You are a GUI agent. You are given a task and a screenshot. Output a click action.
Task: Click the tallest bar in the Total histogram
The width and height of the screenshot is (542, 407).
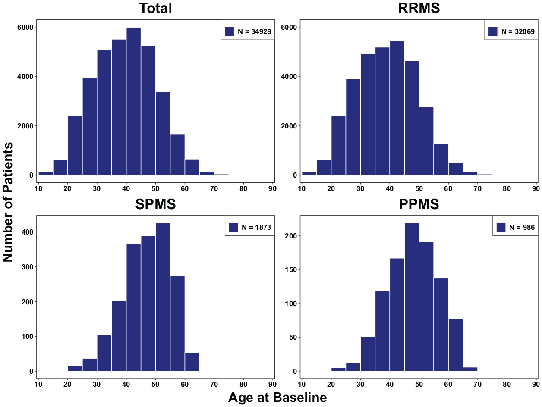[134, 101]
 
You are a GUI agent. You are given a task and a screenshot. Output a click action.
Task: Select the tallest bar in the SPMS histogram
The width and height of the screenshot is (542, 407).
[163, 297]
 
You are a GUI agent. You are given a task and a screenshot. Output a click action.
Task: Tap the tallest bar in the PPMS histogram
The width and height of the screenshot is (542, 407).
[412, 297]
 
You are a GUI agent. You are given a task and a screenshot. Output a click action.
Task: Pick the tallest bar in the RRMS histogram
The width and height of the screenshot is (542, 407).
[397, 108]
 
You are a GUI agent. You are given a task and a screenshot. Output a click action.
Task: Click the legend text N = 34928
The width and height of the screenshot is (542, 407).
[254, 31]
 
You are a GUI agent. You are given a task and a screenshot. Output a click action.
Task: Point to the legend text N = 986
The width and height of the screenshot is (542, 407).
[522, 227]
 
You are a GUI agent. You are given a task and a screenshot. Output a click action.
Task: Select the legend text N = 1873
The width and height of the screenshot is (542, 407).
[256, 227]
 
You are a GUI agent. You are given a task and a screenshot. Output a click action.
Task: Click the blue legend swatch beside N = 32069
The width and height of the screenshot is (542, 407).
[493, 31]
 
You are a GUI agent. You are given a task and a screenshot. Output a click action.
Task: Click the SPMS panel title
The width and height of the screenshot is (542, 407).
[155, 204]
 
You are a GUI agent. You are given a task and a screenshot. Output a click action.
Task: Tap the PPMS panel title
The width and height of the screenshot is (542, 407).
[419, 204]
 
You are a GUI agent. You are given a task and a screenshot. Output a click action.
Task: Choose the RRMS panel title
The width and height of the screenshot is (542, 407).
[419, 8]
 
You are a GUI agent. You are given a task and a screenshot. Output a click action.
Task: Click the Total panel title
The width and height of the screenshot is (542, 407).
[155, 8]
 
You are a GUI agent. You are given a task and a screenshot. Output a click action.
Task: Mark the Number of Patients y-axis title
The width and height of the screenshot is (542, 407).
[7, 202]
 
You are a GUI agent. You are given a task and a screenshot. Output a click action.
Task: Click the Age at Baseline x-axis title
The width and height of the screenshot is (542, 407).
[277, 398]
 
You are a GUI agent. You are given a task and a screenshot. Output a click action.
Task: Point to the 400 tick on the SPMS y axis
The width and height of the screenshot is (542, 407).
[28, 232]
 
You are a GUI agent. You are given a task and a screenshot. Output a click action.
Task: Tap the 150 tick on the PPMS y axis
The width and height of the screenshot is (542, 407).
[291, 269]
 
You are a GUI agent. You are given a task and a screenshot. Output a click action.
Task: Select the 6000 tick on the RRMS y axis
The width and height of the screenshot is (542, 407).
[289, 27]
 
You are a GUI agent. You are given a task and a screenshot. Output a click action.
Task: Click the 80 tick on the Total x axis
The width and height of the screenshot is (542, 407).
[243, 189]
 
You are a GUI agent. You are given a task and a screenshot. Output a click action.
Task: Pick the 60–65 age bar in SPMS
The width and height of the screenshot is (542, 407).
[192, 362]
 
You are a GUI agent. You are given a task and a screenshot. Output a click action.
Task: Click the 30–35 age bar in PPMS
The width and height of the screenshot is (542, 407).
[368, 354]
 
